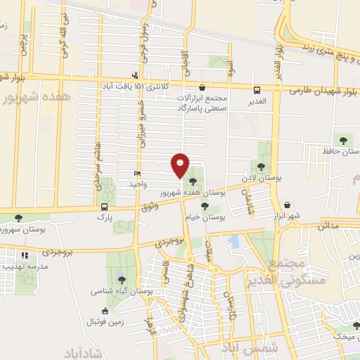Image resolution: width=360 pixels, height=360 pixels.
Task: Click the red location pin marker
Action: click(x=181, y=165)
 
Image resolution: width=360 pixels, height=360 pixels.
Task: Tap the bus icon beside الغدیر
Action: click(x=257, y=90)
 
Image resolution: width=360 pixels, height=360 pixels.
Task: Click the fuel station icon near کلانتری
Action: click(x=135, y=75)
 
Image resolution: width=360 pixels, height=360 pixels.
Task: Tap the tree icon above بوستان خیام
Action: click(x=205, y=206)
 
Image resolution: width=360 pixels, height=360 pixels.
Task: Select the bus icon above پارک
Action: click(x=105, y=207)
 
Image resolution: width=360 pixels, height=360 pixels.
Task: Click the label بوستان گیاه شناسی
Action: click(x=117, y=290)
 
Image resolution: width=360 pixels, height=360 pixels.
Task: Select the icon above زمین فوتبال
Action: click(x=105, y=311)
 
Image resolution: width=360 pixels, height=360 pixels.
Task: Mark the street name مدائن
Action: click(x=328, y=226)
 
